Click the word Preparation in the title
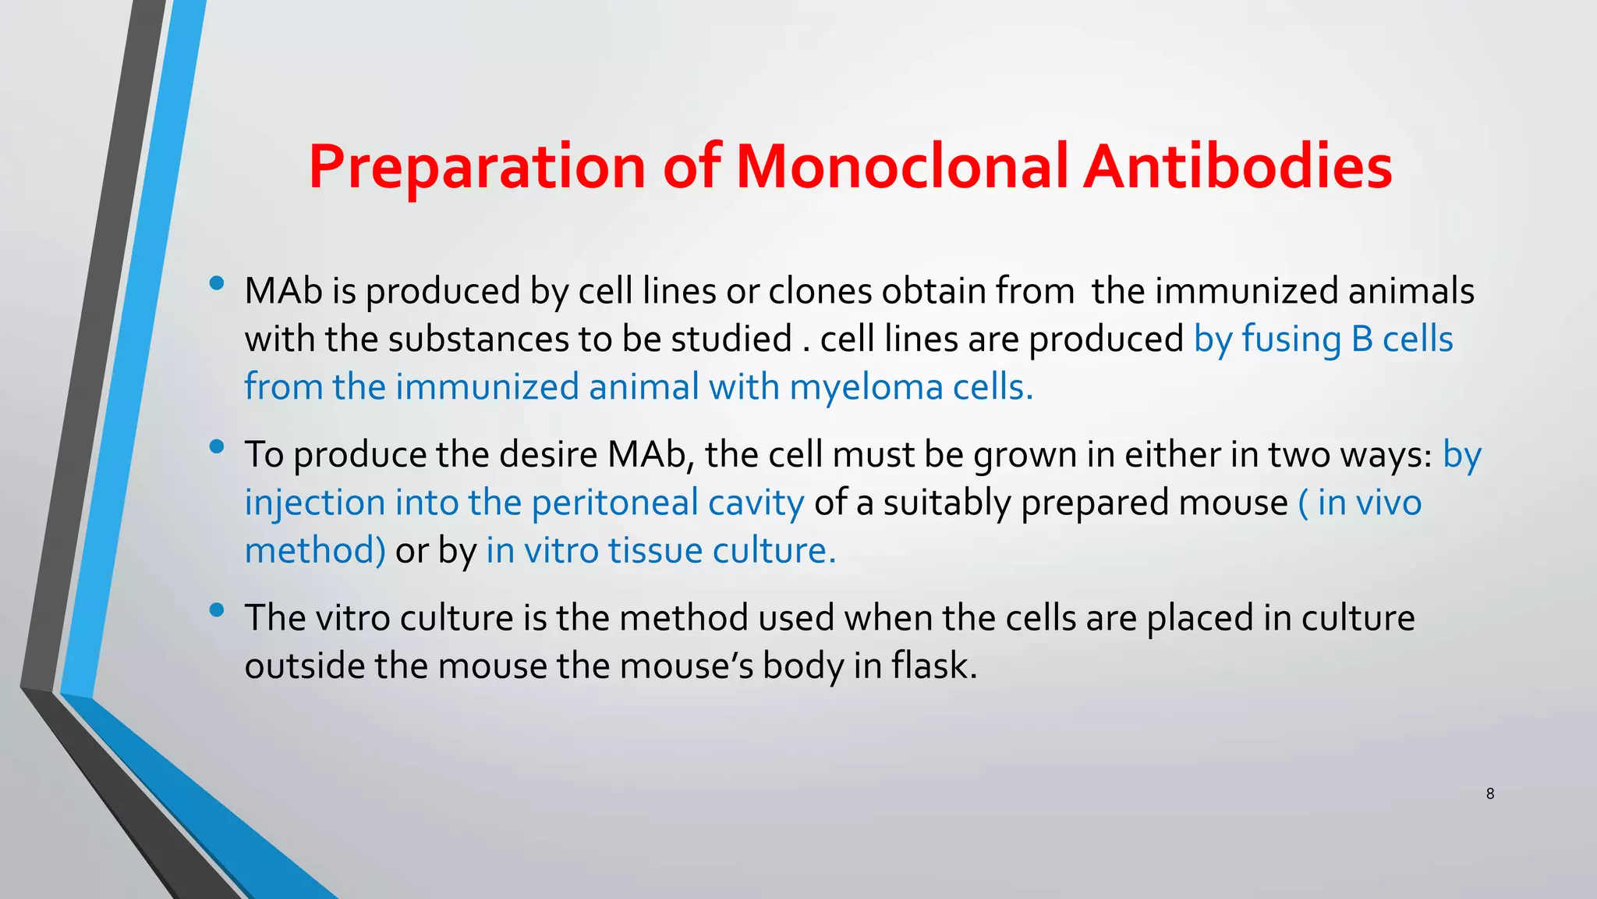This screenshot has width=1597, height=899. tap(476, 167)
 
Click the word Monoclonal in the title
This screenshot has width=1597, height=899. tap(901, 167)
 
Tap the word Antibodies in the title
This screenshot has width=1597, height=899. tap(1238, 167)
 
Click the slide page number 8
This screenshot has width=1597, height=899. tap(1489, 794)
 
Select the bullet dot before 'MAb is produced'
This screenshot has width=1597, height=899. tap(217, 283)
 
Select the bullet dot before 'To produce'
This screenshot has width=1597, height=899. tap(217, 446)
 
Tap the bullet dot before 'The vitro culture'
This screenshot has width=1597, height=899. tap(217, 609)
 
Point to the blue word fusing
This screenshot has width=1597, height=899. tap(1291, 339)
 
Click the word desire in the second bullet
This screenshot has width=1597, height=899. tap(547, 454)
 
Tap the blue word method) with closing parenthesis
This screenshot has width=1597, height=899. tap(314, 551)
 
